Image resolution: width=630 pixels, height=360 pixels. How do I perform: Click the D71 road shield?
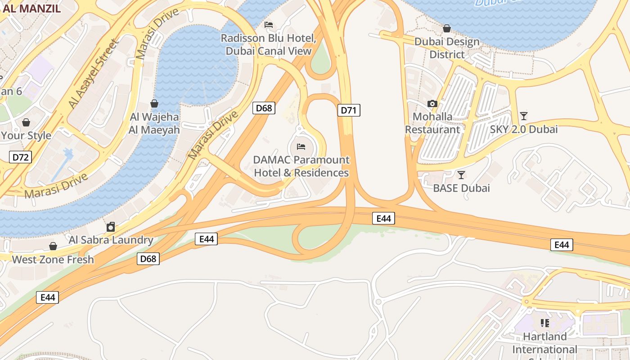pos(349,110)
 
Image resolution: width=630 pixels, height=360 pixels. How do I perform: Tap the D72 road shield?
pos(20,157)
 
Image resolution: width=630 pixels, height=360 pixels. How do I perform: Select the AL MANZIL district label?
pos(31,9)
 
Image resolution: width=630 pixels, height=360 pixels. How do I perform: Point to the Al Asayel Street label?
pos(92,74)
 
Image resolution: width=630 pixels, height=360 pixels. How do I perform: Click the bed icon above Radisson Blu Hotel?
pos(269,24)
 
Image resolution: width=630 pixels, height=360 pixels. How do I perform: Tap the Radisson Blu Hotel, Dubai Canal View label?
pos(269,45)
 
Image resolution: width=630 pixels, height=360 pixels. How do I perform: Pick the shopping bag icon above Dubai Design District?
pos(446,28)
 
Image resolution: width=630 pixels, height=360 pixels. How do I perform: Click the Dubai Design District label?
pos(447,48)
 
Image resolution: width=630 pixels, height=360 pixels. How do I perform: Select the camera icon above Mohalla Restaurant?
pos(432,103)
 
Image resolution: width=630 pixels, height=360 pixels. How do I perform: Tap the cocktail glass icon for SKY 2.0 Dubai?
pos(523,116)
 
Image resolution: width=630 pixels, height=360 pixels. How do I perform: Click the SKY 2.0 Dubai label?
pos(524,130)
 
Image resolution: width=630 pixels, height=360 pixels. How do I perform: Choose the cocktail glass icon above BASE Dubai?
pos(461,175)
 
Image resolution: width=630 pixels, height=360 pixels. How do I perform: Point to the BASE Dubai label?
pos(461,188)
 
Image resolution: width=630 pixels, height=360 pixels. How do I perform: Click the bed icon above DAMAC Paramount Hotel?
pos(301,147)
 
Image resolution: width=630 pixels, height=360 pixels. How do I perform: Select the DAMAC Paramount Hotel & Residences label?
pos(301,166)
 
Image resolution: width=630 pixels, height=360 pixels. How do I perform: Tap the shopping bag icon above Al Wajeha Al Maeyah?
pos(154,103)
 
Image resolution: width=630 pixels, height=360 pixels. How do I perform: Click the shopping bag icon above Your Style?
pos(26,122)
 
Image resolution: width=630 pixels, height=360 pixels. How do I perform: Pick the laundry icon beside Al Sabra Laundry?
pos(111,226)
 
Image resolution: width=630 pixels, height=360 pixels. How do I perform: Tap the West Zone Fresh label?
pos(53,260)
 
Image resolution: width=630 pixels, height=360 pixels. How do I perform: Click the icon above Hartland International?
pos(545,323)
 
